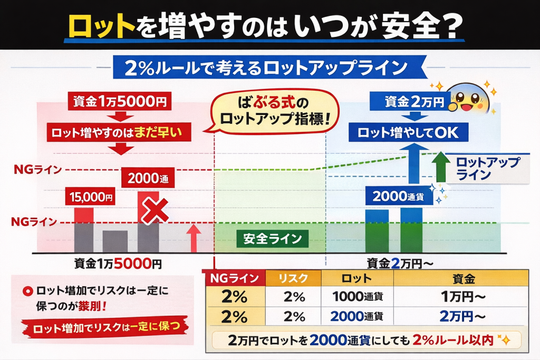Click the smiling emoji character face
[x=466, y=96]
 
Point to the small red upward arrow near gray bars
[x=194, y=236]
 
